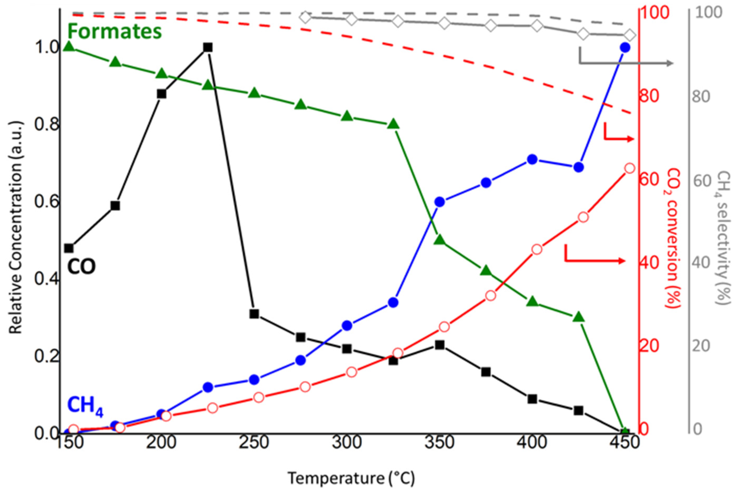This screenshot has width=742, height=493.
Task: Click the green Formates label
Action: pyautogui.click(x=115, y=31)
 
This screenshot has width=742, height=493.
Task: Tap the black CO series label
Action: pyautogui.click(x=81, y=267)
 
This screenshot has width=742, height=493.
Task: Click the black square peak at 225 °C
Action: pyautogui.click(x=207, y=48)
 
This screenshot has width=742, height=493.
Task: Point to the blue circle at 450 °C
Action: pyautogui.click(x=625, y=48)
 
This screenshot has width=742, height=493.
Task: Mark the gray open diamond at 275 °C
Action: pyautogui.click(x=305, y=18)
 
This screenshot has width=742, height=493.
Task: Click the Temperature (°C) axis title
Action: pyautogui.click(x=351, y=478)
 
